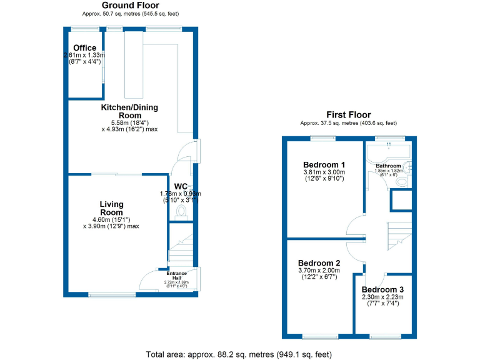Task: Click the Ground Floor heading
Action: pos(130,5)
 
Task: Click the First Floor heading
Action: pos(348,115)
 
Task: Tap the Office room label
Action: pos(84,48)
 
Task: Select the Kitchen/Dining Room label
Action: pos(130,111)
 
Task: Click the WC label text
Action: pos(181,186)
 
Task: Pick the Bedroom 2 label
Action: pos(319,262)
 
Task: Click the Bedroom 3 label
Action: pos(382,290)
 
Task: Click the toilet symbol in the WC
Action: pos(182,213)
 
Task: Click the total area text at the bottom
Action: pos(239,354)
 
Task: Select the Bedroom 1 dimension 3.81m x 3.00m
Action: pos(324,172)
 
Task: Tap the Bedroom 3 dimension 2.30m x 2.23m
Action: pos(382,297)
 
